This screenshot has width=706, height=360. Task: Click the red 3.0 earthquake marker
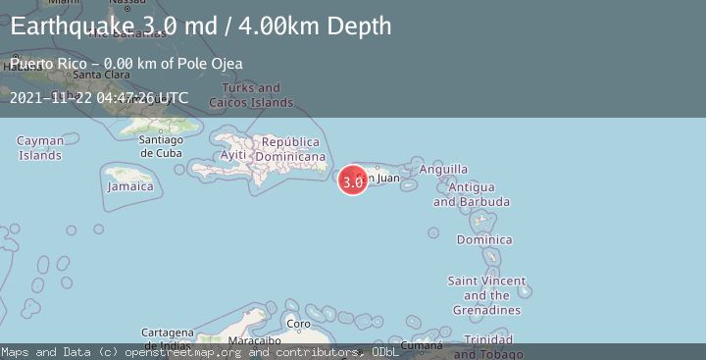pyautogui.click(x=353, y=180)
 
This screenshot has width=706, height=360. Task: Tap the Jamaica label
pyautogui.click(x=130, y=186)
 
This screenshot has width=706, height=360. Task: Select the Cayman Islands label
pyautogui.click(x=40, y=148)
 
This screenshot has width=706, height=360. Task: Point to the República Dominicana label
pyautogui.click(x=290, y=149)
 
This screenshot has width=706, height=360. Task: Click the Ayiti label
pyautogui.click(x=233, y=156)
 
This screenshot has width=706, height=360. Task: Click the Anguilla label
pyautogui.click(x=443, y=170)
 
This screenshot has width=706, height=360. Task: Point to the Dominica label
pyautogui.click(x=484, y=239)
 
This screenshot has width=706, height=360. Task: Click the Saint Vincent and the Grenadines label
pyautogui.click(x=486, y=295)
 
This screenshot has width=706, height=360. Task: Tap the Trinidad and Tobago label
pyautogui.click(x=487, y=345)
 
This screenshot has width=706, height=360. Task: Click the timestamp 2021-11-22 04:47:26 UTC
pyautogui.click(x=99, y=98)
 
